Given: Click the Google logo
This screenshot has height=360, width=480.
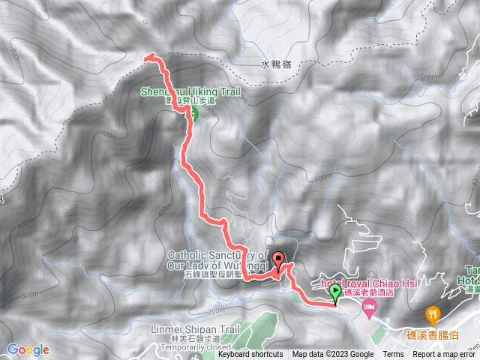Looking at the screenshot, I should pyautogui.click(x=28, y=349).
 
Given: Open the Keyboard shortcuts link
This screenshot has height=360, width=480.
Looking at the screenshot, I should pyautogui.click(x=250, y=355).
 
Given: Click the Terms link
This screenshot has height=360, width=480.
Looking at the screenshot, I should pyautogui.click(x=393, y=355).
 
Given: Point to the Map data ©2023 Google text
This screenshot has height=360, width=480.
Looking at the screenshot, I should pyautogui.click(x=333, y=355).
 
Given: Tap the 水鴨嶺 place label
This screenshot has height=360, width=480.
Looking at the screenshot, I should pyautogui.click(x=276, y=65).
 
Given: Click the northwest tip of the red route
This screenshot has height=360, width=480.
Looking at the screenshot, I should pyautogui.click(x=147, y=56).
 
